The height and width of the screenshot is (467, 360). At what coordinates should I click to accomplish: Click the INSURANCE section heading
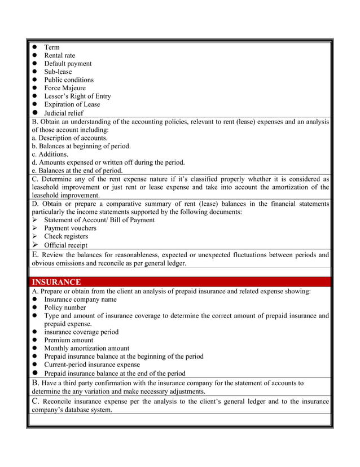tap(56, 282)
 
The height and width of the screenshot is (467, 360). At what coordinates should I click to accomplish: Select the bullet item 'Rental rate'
tap(59, 55)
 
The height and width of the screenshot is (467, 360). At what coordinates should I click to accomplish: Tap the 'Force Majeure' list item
tap(65, 88)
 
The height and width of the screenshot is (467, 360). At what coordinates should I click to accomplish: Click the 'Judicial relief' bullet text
tap(63, 113)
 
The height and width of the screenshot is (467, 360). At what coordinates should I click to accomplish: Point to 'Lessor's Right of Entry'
tap(77, 96)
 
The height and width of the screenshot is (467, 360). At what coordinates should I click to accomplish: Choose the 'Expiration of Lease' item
tap(72, 104)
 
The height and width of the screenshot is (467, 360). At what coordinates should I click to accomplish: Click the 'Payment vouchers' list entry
tap(70, 228)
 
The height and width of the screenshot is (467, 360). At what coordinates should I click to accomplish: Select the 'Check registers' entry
tap(66, 236)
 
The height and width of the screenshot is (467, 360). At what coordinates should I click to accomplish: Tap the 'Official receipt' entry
tap(65, 245)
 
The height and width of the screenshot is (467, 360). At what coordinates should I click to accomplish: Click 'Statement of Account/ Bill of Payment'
tap(99, 220)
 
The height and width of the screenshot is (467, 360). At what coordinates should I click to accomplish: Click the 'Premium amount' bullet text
tap(69, 340)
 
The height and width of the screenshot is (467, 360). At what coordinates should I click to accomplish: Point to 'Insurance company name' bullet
tap(80, 299)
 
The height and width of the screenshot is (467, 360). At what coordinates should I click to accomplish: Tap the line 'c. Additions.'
tap(50, 154)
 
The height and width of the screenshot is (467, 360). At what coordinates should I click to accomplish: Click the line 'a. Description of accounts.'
tap(69, 138)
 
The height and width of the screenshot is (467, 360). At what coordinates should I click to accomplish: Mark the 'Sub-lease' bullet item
tap(58, 72)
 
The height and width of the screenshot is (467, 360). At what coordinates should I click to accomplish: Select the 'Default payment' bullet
tap(68, 64)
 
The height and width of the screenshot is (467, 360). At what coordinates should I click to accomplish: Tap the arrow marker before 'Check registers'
tap(34, 236)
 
